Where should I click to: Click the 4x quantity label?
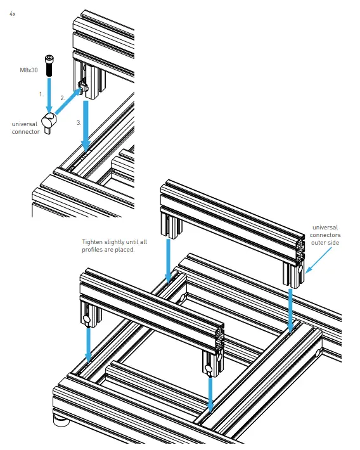pyautogui.click(x=12, y=14)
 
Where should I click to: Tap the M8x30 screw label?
pyautogui.click(x=29, y=70)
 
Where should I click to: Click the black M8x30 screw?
pyautogui.click(x=49, y=66)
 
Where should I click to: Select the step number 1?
pyautogui.click(x=41, y=94)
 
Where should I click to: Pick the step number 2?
pyautogui.click(x=63, y=98)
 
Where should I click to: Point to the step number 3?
pyautogui.click(x=79, y=123)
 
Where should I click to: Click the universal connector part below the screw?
pyautogui.click(x=49, y=122)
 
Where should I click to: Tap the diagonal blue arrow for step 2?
pyautogui.click(x=67, y=101)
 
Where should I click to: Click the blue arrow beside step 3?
pyautogui.click(x=86, y=125)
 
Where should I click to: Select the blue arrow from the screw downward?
pyautogui.click(x=49, y=94)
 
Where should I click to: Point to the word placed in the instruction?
pyautogui.click(x=125, y=250)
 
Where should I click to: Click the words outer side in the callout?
pyautogui.click(x=325, y=243)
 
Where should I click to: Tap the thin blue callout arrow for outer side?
pyautogui.click(x=319, y=260)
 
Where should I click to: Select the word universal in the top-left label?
pyautogui.click(x=25, y=124)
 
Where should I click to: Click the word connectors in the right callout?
pyautogui.click(x=325, y=235)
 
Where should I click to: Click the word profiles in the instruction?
pyautogui.click(x=92, y=250)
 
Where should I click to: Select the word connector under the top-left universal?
pyautogui.click(x=26, y=132)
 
